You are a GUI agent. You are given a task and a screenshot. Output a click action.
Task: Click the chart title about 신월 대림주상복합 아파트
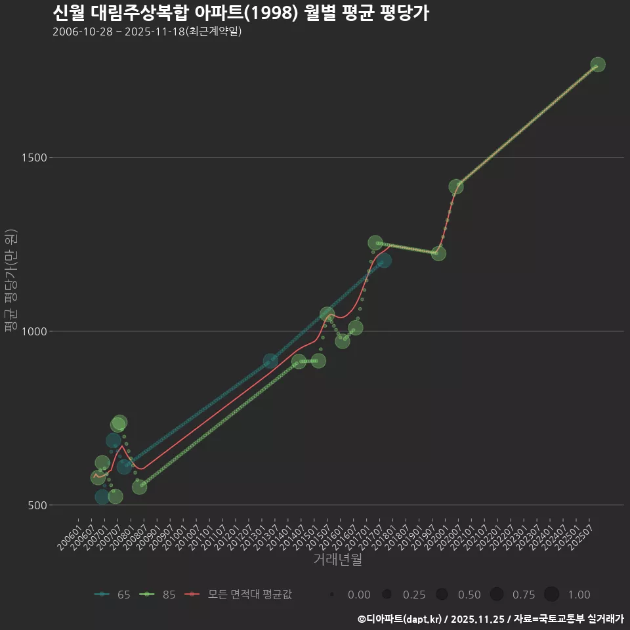click(x=240, y=13)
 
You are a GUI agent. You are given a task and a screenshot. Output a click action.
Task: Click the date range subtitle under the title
click(x=147, y=31)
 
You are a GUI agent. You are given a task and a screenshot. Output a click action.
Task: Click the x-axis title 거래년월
click(x=337, y=560)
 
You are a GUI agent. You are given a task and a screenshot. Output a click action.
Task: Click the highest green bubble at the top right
click(x=598, y=65)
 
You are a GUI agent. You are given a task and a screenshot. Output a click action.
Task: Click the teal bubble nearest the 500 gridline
click(x=102, y=497)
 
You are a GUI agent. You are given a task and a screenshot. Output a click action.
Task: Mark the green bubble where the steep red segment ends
click(x=456, y=186)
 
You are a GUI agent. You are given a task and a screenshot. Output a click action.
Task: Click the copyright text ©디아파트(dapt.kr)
click(x=402, y=619)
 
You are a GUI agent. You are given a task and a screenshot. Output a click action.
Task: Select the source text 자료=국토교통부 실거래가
click(x=569, y=619)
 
